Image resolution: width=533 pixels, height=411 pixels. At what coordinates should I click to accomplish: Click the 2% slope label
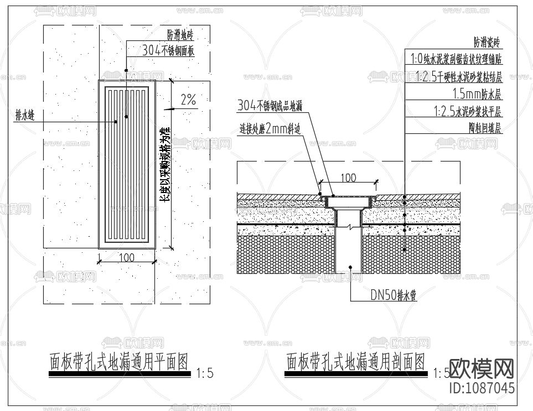188,100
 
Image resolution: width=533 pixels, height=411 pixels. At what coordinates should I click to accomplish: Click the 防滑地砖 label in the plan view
180,36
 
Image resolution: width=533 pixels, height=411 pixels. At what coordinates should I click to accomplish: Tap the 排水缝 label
25,115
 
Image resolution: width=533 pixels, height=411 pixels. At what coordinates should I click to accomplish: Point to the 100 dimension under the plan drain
127,258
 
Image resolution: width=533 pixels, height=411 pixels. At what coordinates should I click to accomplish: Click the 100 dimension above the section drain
348,178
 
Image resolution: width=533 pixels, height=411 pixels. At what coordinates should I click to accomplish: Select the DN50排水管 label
393,295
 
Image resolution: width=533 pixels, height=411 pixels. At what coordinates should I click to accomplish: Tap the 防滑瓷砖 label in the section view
487,41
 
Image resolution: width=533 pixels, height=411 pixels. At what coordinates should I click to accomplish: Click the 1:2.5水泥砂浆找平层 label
467,111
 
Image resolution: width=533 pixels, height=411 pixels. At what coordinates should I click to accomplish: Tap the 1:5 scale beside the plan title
204,374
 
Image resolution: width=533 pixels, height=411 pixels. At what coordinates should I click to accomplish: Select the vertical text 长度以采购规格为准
164,166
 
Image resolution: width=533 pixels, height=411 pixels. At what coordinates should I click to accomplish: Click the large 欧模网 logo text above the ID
481,368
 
